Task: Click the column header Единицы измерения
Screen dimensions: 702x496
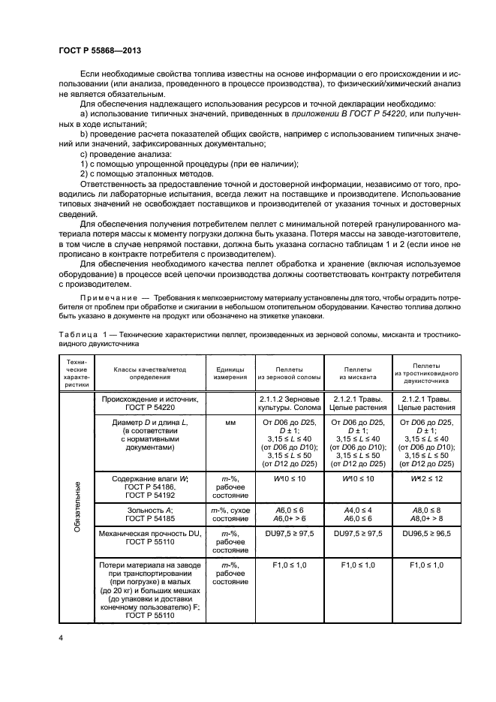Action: coord(231,372)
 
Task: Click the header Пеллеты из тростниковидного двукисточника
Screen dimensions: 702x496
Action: coord(426,372)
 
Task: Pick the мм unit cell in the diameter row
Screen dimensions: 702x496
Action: coord(231,423)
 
